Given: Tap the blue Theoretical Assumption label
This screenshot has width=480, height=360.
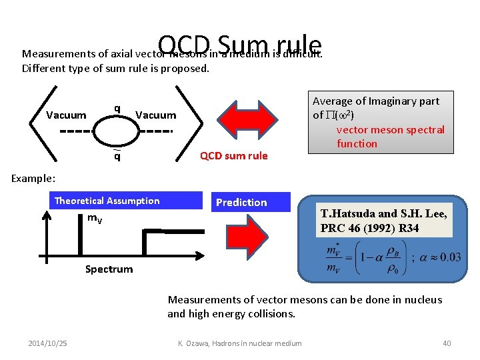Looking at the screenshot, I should (x=107, y=201).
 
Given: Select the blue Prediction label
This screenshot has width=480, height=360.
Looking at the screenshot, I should (x=241, y=202).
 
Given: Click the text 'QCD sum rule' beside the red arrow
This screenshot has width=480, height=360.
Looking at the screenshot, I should (x=233, y=156).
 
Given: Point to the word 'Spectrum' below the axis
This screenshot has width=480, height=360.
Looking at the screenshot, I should (x=109, y=269).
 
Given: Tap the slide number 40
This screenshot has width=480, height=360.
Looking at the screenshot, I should (x=447, y=343).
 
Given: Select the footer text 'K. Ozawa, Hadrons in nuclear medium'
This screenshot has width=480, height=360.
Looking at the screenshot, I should (x=239, y=343).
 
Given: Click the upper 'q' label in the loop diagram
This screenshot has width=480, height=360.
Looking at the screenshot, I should (x=117, y=108).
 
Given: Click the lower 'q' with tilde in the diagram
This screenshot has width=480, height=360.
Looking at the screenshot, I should (x=117, y=157).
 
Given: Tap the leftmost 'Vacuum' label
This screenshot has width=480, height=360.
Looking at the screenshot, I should (x=66, y=115).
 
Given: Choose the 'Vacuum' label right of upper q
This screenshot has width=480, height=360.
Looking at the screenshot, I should (x=155, y=115).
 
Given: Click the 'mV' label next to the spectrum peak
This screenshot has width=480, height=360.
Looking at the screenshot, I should (x=95, y=219).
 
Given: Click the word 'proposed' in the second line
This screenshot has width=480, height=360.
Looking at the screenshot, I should (x=185, y=68).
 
